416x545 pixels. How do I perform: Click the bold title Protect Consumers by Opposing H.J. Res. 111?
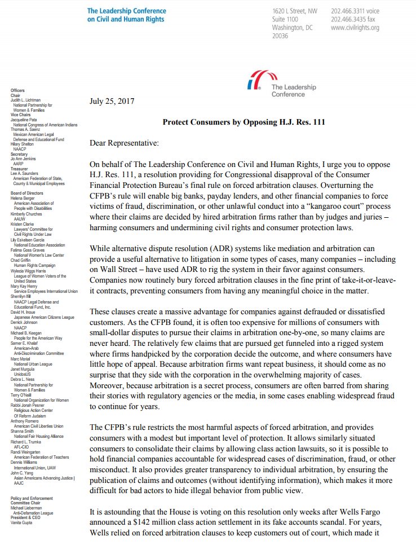pyautogui.click(x=244, y=122)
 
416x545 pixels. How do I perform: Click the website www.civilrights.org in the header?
pyautogui.click(x=355, y=28)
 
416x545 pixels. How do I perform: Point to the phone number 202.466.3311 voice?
pyautogui.click(x=354, y=11)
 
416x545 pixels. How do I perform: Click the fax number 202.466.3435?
pyautogui.click(x=352, y=19)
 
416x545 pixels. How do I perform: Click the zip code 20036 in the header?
pyautogui.click(x=280, y=36)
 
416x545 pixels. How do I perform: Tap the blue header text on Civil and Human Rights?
pyautogui.click(x=126, y=19)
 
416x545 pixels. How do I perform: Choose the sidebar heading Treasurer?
pyautogui.click(x=19, y=168)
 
